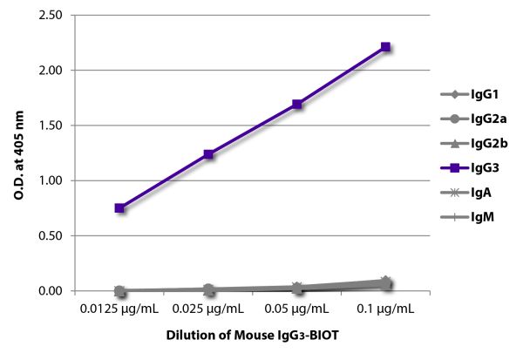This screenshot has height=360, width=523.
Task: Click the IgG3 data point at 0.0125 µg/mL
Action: (119, 208)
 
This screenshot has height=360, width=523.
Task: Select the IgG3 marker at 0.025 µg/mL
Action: (208, 154)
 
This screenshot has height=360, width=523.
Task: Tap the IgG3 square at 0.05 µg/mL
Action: (297, 105)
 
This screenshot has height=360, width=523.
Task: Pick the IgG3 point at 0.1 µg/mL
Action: (385, 47)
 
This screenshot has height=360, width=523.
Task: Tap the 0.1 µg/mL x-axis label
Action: (385, 309)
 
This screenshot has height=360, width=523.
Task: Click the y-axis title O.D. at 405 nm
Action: (19, 153)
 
